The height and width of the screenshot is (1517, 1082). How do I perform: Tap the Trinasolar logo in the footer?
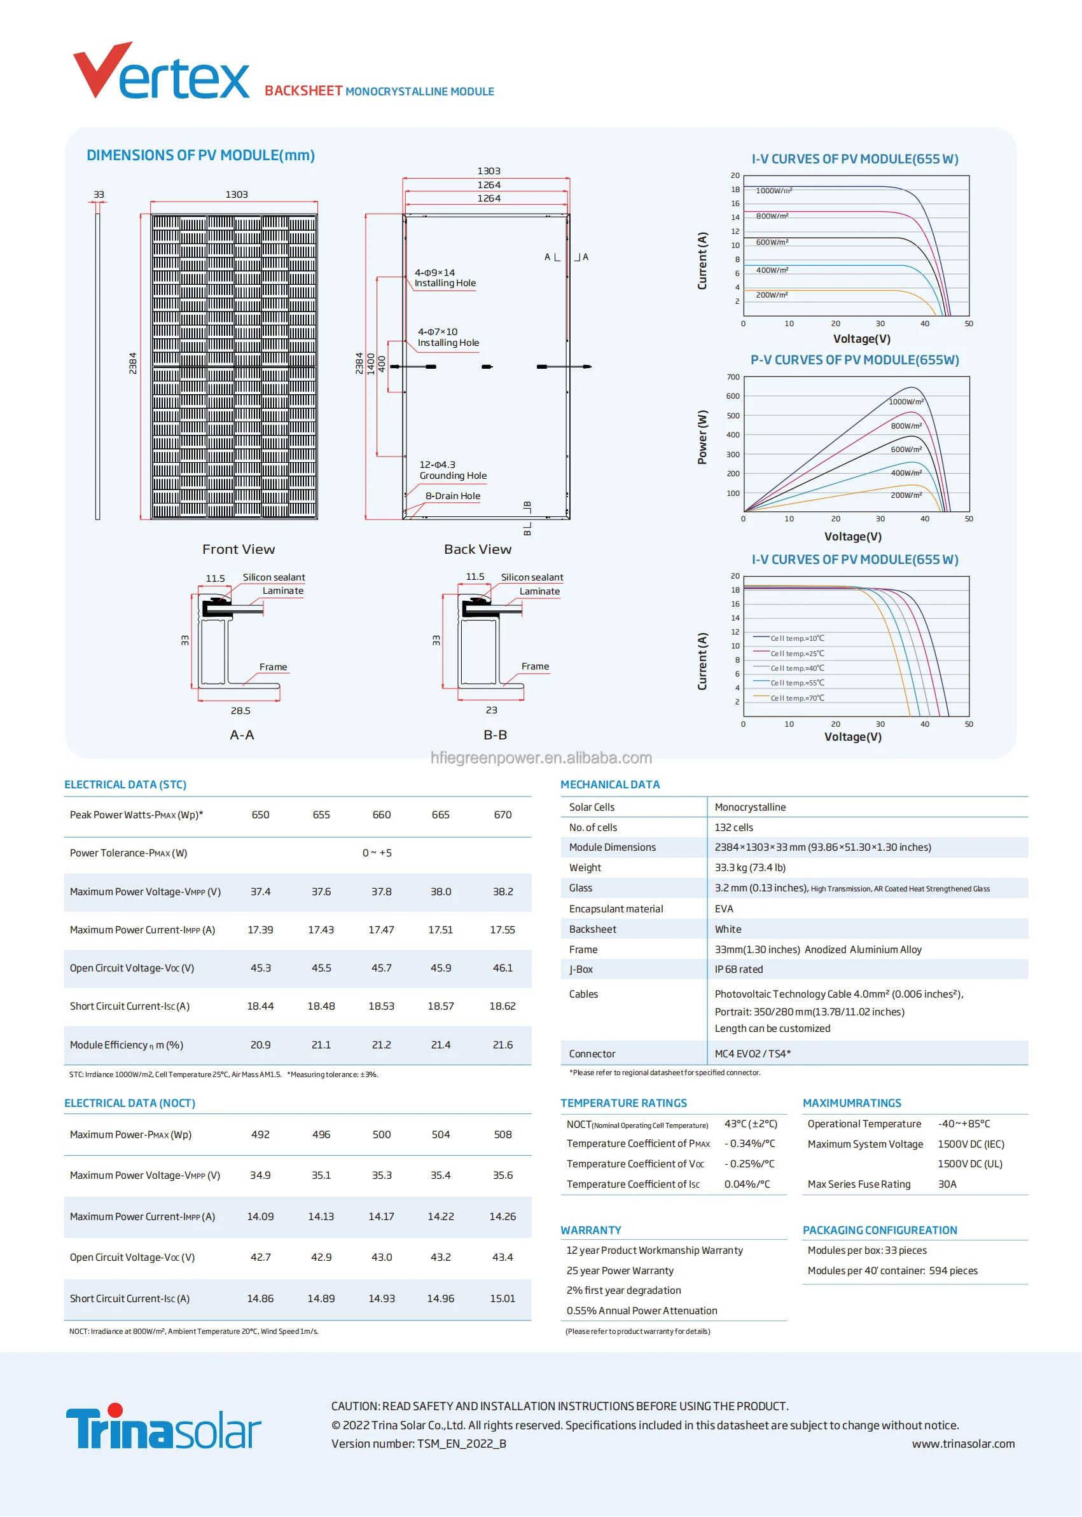tap(163, 1427)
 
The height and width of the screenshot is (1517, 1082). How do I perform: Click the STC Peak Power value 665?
tap(440, 814)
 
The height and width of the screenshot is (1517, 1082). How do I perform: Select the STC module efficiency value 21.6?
tap(503, 1045)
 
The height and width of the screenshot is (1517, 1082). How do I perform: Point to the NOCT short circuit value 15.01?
tap(503, 1298)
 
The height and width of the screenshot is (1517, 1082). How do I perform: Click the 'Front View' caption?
tap(239, 549)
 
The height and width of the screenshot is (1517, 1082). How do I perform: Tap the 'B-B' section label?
tap(495, 734)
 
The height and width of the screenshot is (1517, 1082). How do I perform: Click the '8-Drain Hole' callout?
tap(452, 496)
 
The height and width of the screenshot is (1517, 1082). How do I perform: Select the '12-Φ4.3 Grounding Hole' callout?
tap(452, 470)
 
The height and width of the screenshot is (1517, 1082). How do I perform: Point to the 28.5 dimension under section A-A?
tap(240, 711)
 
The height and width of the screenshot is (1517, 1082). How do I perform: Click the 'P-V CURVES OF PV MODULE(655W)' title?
tap(855, 360)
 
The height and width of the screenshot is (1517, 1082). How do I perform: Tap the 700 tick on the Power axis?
tap(733, 377)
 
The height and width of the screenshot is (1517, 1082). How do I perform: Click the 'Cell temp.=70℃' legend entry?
tap(797, 698)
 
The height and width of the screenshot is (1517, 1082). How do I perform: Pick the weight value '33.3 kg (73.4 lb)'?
tap(750, 867)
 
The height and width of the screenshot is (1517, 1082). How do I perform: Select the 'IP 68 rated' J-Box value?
tap(739, 969)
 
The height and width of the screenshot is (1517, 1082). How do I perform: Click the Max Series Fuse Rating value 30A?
tap(947, 1184)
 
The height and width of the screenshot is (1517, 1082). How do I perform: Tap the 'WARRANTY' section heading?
tap(590, 1230)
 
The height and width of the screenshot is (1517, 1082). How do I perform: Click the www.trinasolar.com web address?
tap(963, 1444)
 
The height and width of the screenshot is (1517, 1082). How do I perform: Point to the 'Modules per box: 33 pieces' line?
tap(867, 1250)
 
